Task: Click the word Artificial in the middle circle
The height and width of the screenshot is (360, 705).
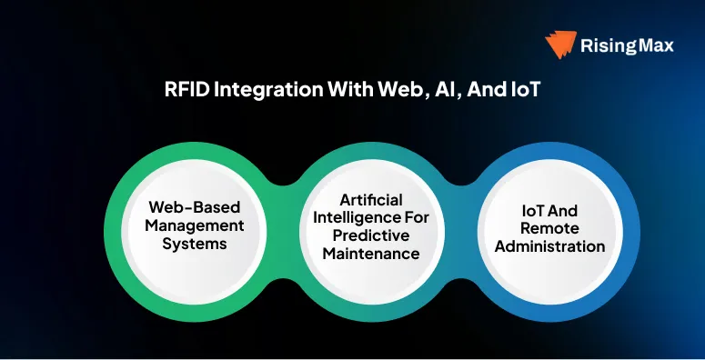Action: (371, 199)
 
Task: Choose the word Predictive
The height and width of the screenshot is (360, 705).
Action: (371, 235)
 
